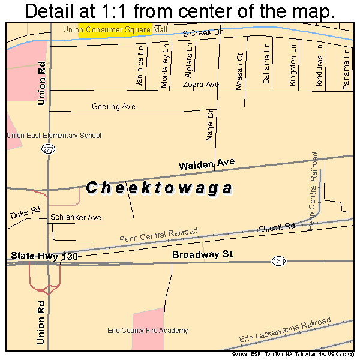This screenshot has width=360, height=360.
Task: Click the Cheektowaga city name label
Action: point(159,188)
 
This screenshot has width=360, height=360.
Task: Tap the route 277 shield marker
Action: point(49,149)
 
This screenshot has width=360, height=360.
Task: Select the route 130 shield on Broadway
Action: point(277,260)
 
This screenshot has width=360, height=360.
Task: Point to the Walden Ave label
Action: point(206,163)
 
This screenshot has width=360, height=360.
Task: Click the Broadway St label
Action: point(202,255)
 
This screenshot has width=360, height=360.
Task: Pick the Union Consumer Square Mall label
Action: point(114,29)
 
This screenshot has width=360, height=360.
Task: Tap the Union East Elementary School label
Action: point(54,136)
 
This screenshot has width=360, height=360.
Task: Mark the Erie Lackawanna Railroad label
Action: point(284,332)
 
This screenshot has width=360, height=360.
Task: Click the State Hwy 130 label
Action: point(45,256)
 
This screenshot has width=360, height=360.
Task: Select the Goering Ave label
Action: point(113,107)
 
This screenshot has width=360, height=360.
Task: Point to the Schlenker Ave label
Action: point(76,217)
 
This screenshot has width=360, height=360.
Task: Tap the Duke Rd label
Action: point(25,213)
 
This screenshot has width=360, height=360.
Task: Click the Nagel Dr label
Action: point(210,125)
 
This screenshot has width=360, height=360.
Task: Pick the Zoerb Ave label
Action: point(201,85)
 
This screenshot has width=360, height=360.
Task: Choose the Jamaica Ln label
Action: point(141,68)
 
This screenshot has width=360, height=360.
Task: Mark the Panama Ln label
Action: point(346,70)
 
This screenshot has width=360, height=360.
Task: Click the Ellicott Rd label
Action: point(277,227)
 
